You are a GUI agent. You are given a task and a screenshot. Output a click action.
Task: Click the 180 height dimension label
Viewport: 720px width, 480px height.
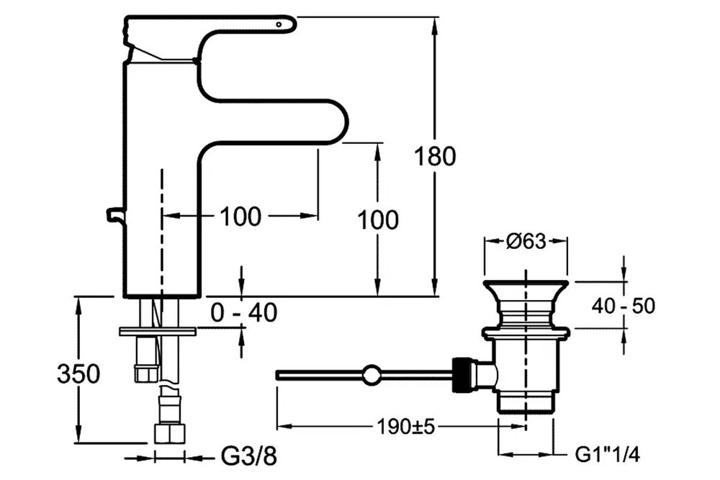point(436,156)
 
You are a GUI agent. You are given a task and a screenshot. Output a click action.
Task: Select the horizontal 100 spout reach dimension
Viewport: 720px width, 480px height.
point(240,215)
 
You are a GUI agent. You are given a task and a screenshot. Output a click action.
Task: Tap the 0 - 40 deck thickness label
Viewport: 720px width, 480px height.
point(244,312)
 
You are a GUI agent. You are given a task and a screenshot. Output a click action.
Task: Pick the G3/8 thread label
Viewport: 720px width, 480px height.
point(247,456)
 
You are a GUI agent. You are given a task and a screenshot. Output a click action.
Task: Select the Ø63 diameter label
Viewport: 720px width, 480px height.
point(525,243)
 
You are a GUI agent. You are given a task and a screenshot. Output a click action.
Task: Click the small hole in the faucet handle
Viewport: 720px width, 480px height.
point(280,24)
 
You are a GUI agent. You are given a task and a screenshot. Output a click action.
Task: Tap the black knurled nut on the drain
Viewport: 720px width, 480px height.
point(460,375)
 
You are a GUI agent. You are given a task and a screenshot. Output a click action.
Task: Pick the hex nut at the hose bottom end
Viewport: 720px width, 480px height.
point(170,433)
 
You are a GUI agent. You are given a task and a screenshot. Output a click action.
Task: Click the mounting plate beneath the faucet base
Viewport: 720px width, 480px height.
point(159,331)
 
